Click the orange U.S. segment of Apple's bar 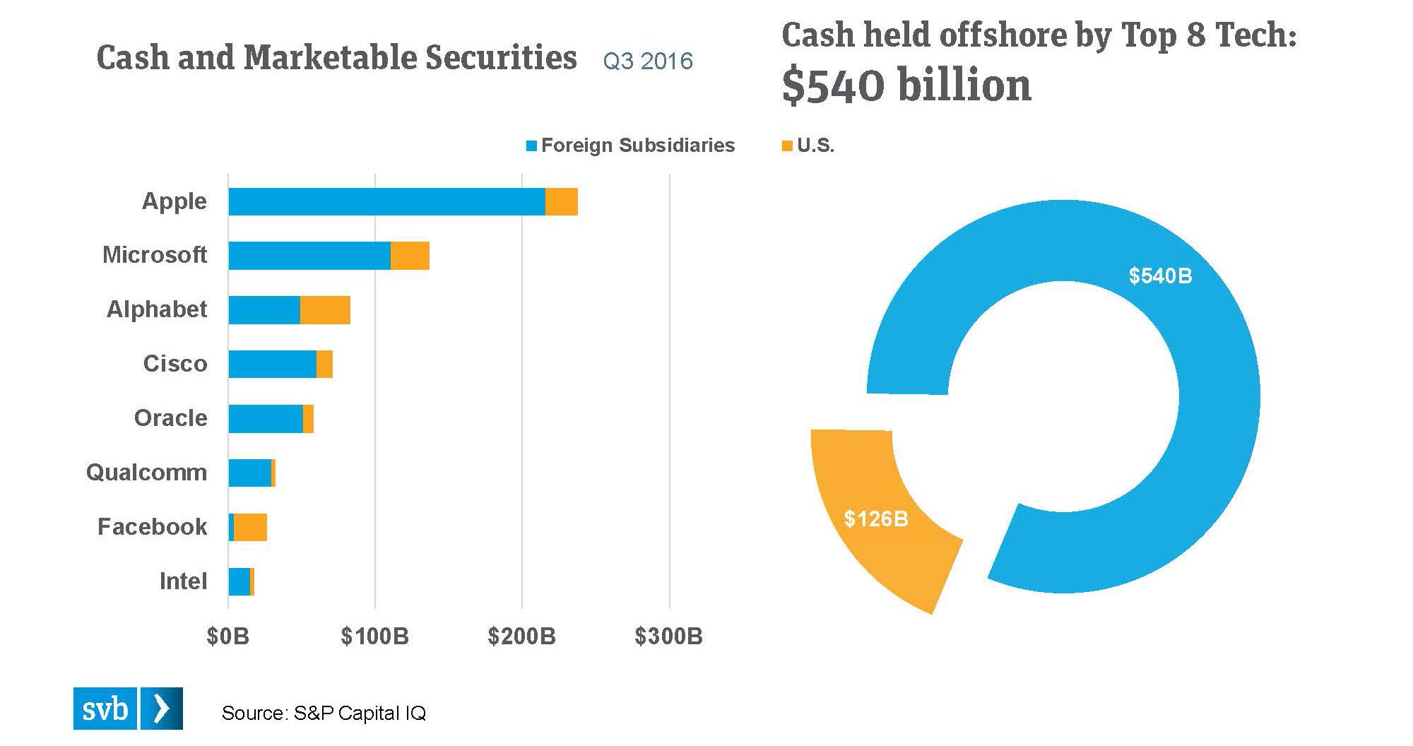[562, 201]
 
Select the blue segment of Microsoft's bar [309, 255]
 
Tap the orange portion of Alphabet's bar [325, 310]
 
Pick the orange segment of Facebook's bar [250, 527]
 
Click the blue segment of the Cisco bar [272, 364]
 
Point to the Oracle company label [171, 418]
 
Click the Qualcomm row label [147, 473]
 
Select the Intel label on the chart [184, 581]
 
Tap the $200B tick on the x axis [521, 637]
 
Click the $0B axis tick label [227, 637]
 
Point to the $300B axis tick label [668, 637]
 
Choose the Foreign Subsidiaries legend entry [630, 146]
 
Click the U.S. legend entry [809, 146]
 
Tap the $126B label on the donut [876, 519]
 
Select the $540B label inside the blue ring [1160, 276]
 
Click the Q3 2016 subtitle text [648, 61]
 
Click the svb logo [128, 709]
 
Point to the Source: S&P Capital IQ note [324, 713]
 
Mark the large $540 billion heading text [906, 85]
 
